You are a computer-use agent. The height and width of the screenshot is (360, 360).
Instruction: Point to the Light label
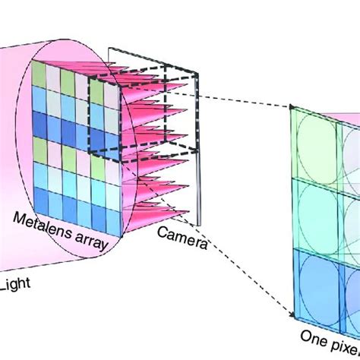[13, 285]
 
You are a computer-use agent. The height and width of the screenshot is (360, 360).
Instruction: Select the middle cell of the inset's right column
[350, 216]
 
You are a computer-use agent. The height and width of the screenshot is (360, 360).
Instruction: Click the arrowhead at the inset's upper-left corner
[292, 109]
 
